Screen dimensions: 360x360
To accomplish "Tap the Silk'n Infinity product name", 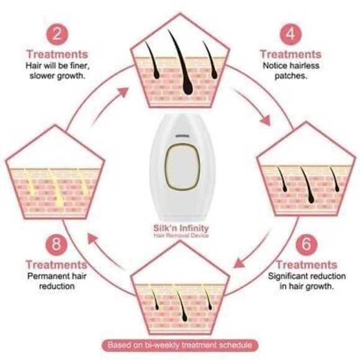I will pos(180,227).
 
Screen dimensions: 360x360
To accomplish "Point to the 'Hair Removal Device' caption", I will pos(180,236).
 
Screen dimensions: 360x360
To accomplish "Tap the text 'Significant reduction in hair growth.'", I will pos(302,281).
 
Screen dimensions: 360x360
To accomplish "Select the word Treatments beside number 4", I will pos(290,53).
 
